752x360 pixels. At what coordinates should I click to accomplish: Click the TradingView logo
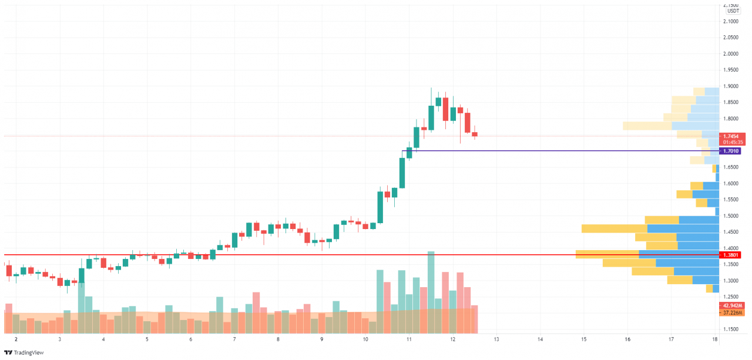point(23,352)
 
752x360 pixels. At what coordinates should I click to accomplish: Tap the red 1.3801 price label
point(733,255)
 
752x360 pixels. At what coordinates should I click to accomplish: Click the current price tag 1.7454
point(733,136)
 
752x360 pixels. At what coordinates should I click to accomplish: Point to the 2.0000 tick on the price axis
point(733,54)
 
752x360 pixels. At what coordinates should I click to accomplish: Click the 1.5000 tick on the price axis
point(733,216)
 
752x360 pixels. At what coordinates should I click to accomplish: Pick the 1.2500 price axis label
point(733,297)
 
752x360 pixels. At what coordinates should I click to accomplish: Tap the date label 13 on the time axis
point(496,339)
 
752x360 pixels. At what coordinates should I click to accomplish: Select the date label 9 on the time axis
point(322,339)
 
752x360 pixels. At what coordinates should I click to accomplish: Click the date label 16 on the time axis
point(627,339)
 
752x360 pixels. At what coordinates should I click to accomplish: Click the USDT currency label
point(733,11)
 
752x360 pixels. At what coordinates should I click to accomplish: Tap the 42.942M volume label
point(733,306)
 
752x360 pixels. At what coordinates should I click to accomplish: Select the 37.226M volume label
point(733,313)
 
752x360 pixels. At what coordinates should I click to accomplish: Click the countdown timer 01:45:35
point(733,142)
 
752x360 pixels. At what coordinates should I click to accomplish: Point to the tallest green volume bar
point(431,282)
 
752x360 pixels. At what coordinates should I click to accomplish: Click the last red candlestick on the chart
point(475,134)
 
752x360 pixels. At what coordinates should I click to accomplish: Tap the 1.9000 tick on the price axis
point(733,86)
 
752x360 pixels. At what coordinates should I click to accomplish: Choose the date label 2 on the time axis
point(16,339)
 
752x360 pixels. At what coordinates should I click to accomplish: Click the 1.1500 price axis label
point(733,329)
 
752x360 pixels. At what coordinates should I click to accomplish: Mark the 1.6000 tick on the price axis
point(733,184)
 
